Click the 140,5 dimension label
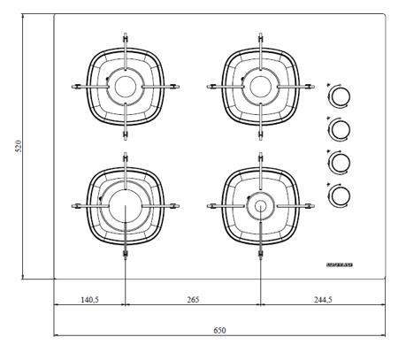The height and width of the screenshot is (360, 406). pyautogui.click(x=89, y=300)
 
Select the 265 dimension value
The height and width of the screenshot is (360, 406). pyautogui.click(x=193, y=300)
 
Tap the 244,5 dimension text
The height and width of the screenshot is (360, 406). pyautogui.click(x=323, y=300)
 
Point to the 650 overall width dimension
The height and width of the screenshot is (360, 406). pyautogui.click(x=219, y=330)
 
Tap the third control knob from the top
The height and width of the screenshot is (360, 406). pyautogui.click(x=339, y=162)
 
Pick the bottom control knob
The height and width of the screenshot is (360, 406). pyautogui.click(x=339, y=194)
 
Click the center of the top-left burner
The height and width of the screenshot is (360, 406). pyautogui.click(x=126, y=86)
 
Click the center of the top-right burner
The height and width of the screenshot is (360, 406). pyautogui.click(x=260, y=86)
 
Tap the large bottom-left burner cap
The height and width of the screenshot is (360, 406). pyautogui.click(x=126, y=208)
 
